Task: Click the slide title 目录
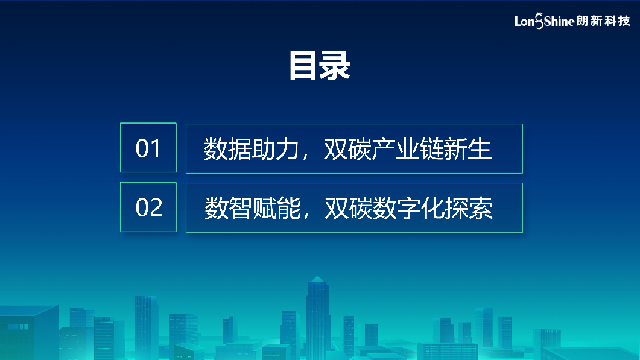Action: pyautogui.click(x=320, y=66)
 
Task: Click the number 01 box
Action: pyautogui.click(x=148, y=147)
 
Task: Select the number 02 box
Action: pyautogui.click(x=148, y=207)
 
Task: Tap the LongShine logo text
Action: pyautogui.click(x=545, y=21)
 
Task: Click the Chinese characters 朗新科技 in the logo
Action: pyautogui.click(x=604, y=21)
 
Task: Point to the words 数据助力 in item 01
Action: pyautogui.click(x=252, y=148)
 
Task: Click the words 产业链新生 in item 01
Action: pyautogui.click(x=431, y=148)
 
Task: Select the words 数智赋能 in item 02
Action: pyautogui.click(x=252, y=208)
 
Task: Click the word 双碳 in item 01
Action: pyautogui.click(x=348, y=148)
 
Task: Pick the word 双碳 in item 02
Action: pyautogui.click(x=349, y=208)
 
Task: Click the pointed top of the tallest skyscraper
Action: pyautogui.click(x=317, y=277)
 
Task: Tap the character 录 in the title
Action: pyautogui.click(x=335, y=66)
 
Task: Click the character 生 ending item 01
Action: pyautogui.click(x=480, y=148)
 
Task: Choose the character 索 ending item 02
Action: pyautogui.click(x=481, y=208)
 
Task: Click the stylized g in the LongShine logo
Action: pyautogui.click(x=539, y=21)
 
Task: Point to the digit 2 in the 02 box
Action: pyautogui.click(x=156, y=207)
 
